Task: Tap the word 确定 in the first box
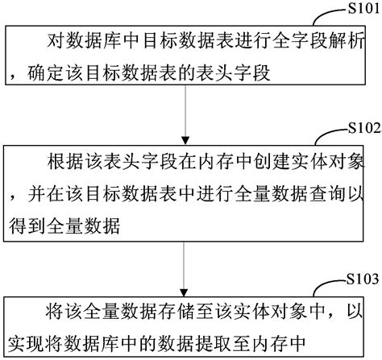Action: click(43, 74)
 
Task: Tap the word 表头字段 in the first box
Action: click(230, 74)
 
